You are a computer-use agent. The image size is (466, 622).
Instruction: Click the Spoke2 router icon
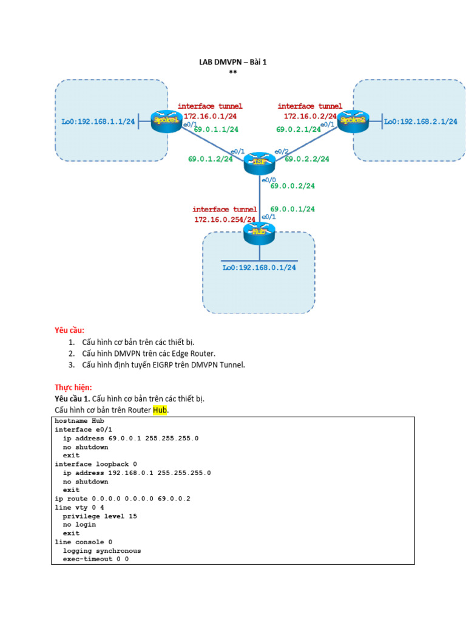point(353,120)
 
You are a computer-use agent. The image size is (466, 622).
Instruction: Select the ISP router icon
point(259,162)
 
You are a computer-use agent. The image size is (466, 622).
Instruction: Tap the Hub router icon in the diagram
point(259,232)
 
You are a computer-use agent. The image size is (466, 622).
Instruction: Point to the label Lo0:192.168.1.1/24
point(98,121)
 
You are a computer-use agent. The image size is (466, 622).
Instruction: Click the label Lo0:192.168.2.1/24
point(420,121)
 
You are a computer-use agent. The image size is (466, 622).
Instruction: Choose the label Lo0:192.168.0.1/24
point(259,267)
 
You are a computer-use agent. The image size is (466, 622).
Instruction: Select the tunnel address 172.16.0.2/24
point(310,116)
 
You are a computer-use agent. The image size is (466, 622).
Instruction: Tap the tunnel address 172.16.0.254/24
point(225,219)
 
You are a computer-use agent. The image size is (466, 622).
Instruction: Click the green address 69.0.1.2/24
point(210,159)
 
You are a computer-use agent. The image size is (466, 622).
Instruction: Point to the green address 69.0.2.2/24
point(307,159)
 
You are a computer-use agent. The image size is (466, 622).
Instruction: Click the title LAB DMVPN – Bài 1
point(233,62)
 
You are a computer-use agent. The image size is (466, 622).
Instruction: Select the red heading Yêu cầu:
point(70,330)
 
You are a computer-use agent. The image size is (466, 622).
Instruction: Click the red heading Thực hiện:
point(73,387)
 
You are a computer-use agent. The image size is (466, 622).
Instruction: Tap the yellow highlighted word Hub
point(160,410)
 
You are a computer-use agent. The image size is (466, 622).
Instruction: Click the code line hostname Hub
point(79,420)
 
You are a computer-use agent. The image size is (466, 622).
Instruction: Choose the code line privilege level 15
point(100,516)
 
